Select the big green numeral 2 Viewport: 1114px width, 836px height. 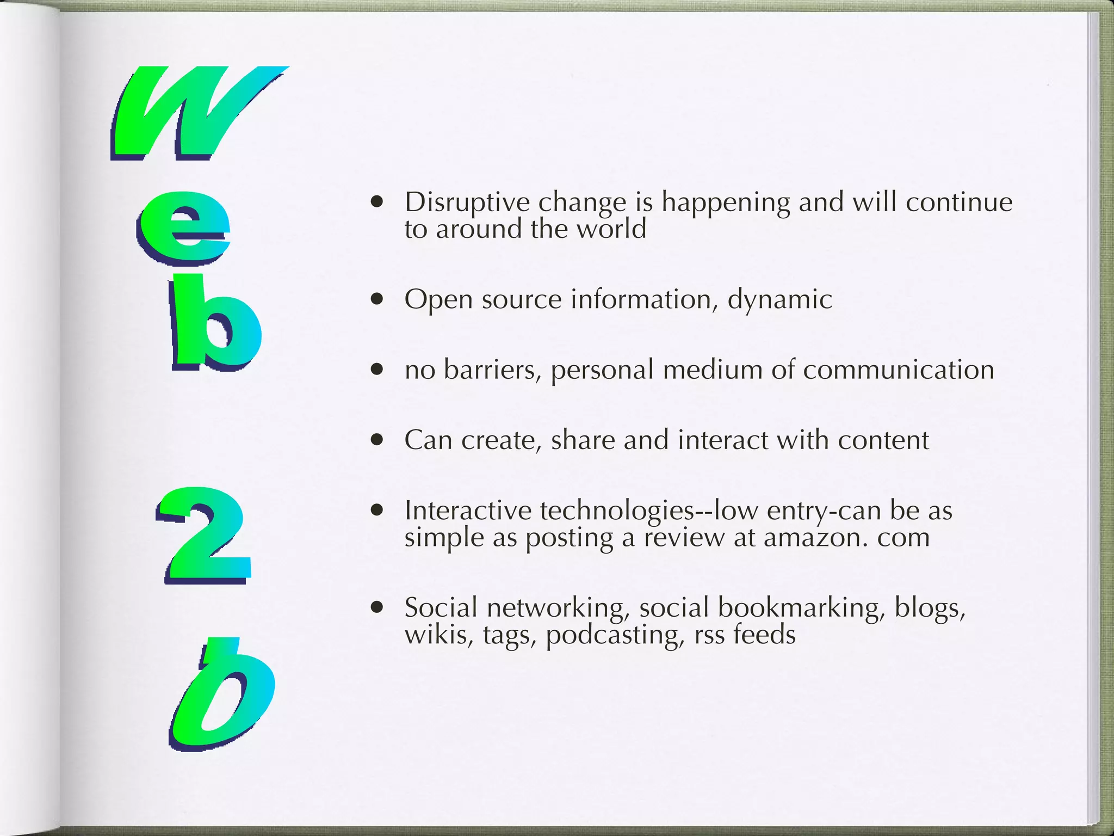click(x=204, y=533)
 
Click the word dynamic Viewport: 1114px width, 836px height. click(x=779, y=300)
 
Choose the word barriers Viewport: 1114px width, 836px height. click(x=492, y=370)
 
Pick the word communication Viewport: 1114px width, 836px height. click(x=898, y=370)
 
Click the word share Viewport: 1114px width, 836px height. click(x=583, y=440)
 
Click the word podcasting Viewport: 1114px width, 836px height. click(x=614, y=635)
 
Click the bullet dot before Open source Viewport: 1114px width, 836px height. click(x=376, y=299)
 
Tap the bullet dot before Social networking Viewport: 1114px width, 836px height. click(x=376, y=607)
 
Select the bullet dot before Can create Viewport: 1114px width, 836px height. click(x=376, y=439)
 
